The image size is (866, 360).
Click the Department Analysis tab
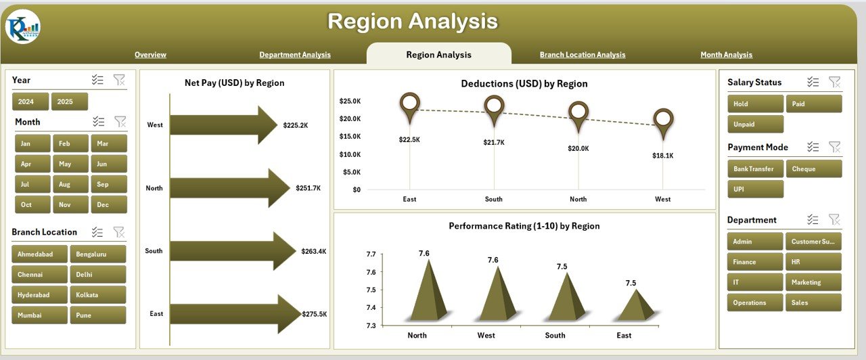coord(295,55)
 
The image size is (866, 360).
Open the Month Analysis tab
coord(726,55)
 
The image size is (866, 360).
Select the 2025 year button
coord(70,102)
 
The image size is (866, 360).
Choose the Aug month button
coord(65,184)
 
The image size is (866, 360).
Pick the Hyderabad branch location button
coord(39,295)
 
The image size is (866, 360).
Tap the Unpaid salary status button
coord(755,125)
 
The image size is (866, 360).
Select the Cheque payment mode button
coord(813,169)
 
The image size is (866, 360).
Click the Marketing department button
coord(813,282)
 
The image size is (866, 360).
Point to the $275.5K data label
coord(314,314)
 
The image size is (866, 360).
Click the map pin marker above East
coord(410,106)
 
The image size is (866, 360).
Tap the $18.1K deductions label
coord(663,155)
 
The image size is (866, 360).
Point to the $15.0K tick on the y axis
coord(350,137)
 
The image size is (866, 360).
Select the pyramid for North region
coord(427,291)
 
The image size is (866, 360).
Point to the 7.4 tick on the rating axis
coord(371,308)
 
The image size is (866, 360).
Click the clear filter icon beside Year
coord(119,81)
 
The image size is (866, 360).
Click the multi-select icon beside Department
coord(813,220)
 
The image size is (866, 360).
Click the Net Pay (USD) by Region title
coord(234,83)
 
